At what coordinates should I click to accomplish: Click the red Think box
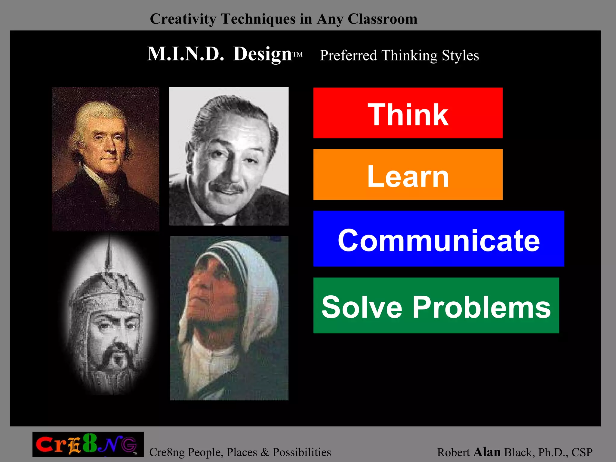coord(408,113)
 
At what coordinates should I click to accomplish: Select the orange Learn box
coord(408,174)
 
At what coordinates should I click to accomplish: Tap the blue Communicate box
coord(439,239)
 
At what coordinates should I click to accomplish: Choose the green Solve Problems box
coord(436,305)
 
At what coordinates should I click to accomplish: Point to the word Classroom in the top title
coord(382,19)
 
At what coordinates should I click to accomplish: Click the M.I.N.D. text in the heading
coord(186,54)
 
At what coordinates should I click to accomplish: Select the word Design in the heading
coord(262,54)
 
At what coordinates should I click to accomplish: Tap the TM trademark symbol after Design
coord(297,54)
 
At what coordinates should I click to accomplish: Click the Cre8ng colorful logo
coord(88,444)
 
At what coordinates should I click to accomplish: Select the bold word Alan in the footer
coord(487,452)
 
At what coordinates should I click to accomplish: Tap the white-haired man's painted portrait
coord(105,159)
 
